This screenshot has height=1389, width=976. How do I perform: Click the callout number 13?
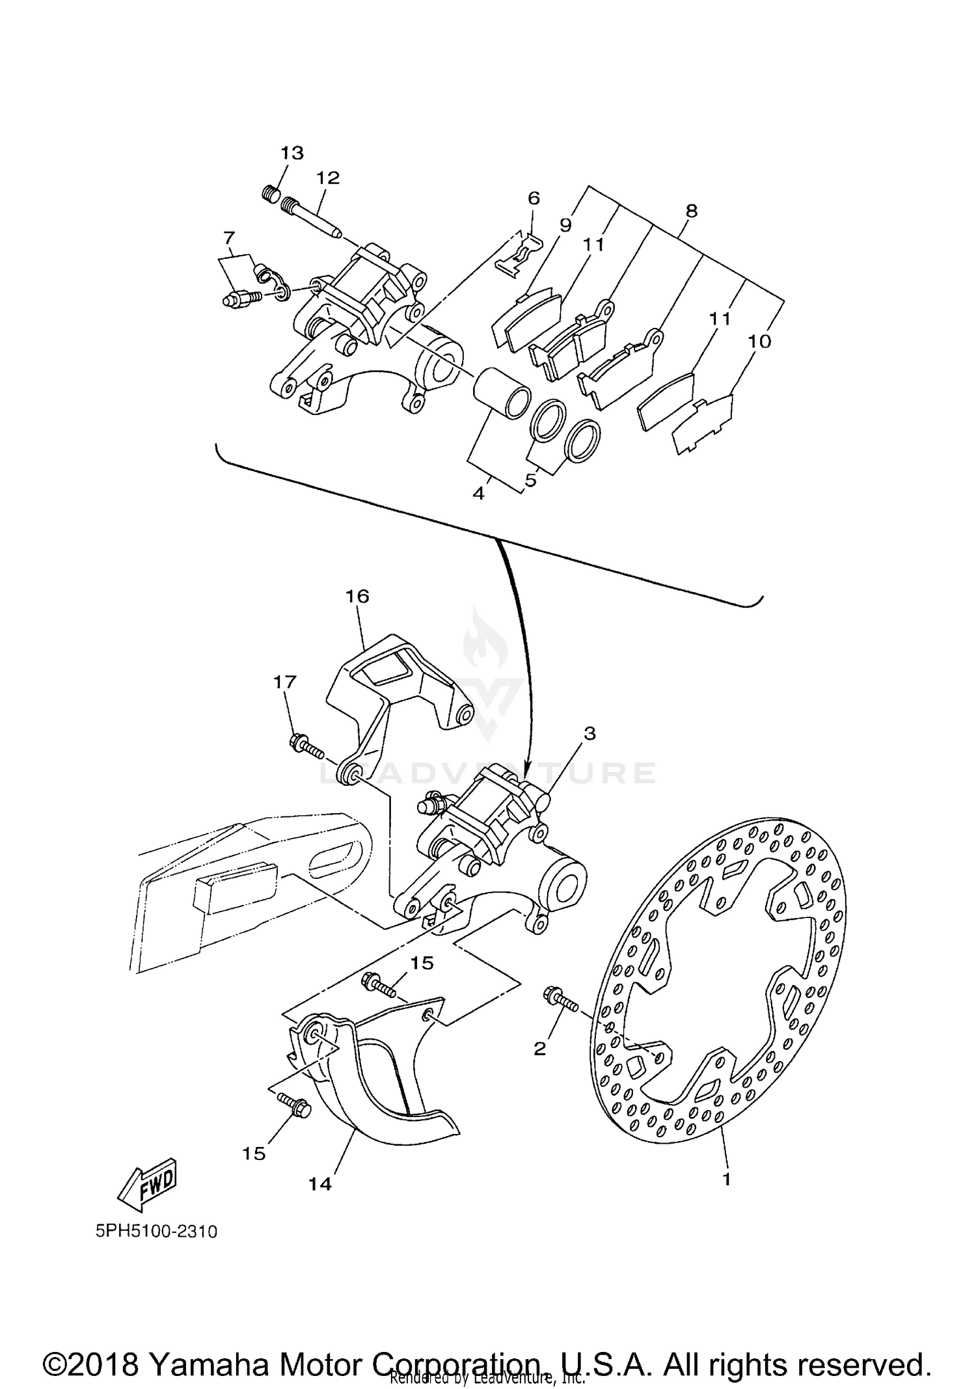[x=292, y=153]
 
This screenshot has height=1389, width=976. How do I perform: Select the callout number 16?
[x=357, y=596]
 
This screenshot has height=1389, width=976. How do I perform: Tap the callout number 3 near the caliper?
[x=589, y=733]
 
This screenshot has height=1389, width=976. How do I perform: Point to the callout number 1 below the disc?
[x=727, y=1178]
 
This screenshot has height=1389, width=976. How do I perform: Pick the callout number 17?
[x=284, y=682]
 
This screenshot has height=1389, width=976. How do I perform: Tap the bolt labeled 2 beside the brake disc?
[x=560, y=1018]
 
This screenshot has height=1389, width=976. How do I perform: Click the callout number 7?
[x=228, y=237]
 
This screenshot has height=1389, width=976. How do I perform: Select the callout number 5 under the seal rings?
[x=530, y=480]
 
